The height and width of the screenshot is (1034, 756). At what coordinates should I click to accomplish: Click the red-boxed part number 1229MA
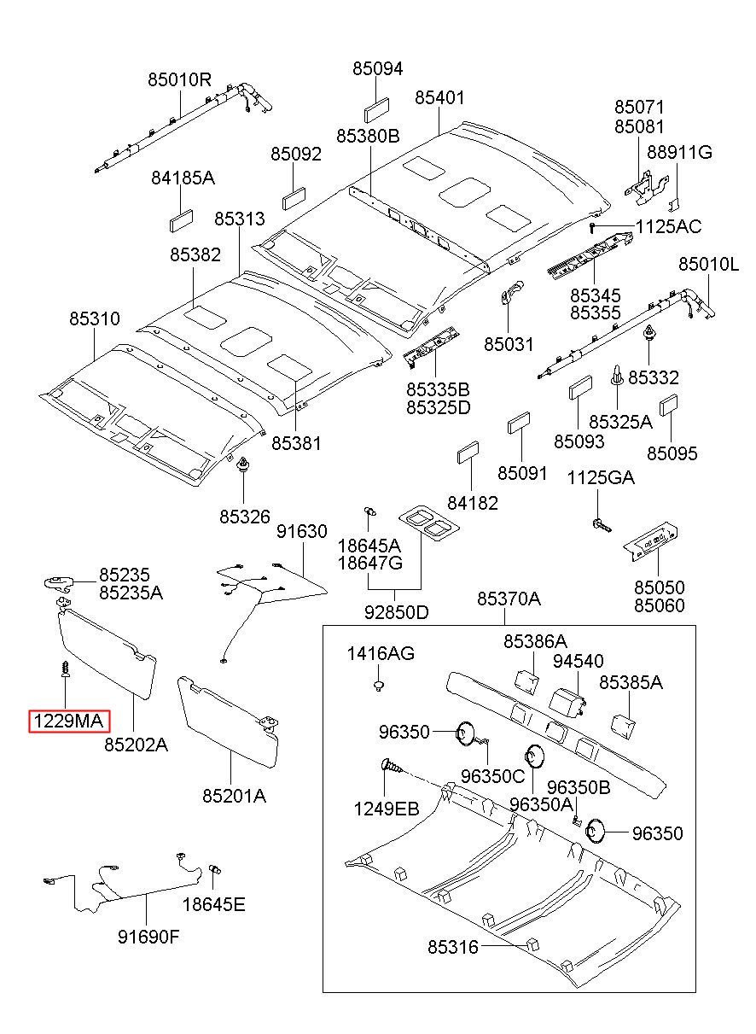(x=69, y=721)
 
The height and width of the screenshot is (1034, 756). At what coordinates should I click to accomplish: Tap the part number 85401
(x=439, y=97)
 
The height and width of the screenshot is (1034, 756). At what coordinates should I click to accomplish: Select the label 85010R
(x=179, y=80)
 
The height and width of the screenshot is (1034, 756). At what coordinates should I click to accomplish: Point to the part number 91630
(x=302, y=531)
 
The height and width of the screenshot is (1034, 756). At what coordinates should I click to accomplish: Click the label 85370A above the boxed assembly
(x=509, y=599)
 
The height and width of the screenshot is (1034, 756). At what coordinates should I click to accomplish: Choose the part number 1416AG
(x=381, y=653)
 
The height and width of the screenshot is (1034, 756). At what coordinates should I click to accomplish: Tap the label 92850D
(x=397, y=612)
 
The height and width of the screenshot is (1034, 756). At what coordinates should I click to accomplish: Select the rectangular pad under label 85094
(x=376, y=110)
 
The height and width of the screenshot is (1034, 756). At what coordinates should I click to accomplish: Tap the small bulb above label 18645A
(x=369, y=510)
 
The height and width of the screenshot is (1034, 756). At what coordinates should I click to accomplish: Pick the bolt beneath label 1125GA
(x=602, y=525)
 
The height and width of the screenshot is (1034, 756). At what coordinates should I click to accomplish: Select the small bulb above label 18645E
(x=215, y=870)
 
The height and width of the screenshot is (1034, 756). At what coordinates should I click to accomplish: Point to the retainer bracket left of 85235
(x=59, y=582)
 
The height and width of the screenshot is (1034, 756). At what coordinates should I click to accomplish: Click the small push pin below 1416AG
(x=379, y=686)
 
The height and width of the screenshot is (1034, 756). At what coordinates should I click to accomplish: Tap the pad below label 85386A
(x=526, y=683)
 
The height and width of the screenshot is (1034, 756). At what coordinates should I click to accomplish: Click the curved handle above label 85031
(x=512, y=291)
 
